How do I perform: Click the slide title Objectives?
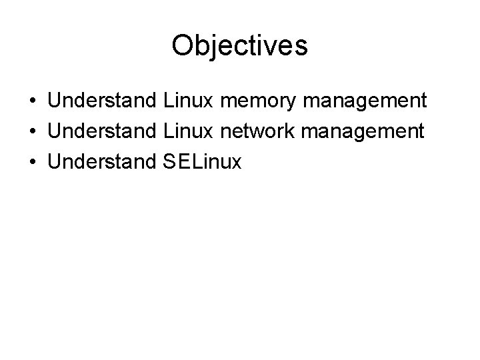coord(239,46)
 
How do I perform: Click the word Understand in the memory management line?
coord(103,101)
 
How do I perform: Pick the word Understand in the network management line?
coord(103,131)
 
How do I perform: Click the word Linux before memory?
coord(187,101)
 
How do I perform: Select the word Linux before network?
coord(187,131)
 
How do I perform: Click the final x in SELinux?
coord(237,161)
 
